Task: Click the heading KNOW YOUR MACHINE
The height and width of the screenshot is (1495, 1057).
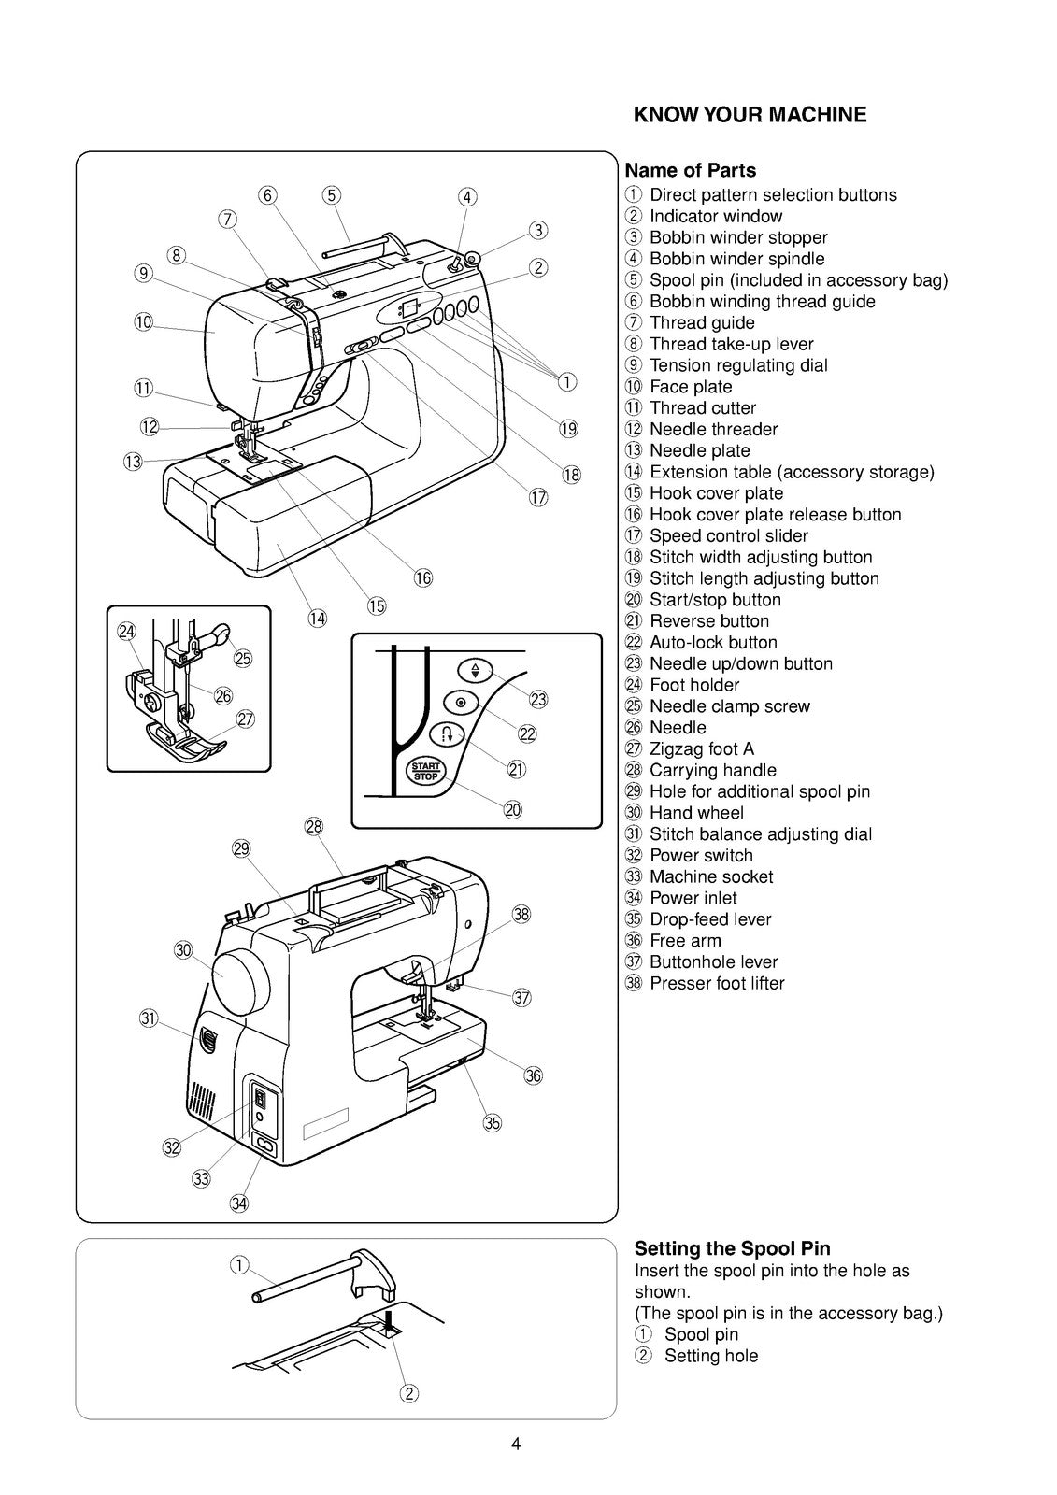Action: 750,115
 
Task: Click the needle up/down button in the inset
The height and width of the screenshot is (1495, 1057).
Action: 475,670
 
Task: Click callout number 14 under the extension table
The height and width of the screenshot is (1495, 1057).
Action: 318,618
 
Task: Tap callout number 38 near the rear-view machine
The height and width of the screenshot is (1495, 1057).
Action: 521,914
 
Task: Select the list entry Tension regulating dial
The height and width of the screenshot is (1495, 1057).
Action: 737,365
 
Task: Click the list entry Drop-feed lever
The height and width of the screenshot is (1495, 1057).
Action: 709,919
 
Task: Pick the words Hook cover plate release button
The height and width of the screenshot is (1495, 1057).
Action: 775,515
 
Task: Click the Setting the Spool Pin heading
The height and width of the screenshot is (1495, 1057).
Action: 732,1248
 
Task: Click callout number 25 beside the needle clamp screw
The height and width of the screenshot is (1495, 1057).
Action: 243,659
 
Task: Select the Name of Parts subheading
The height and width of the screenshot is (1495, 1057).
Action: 690,170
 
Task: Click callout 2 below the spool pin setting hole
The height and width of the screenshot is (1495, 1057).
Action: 409,1394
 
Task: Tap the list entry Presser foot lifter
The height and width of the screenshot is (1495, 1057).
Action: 716,983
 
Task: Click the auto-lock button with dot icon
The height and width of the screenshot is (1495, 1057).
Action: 461,702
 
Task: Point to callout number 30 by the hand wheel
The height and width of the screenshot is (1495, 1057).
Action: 183,950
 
